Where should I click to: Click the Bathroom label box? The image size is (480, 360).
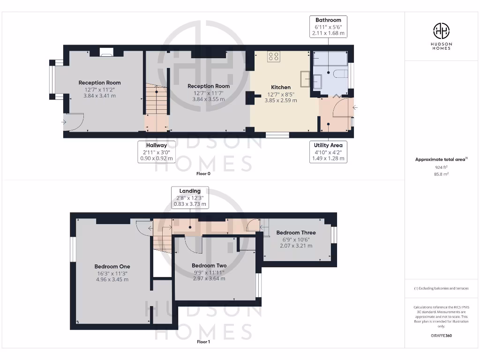[x=328, y=27]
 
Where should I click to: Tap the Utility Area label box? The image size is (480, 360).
[x=328, y=152]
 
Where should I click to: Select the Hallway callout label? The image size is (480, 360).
[x=157, y=152]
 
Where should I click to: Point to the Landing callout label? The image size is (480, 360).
[x=190, y=197]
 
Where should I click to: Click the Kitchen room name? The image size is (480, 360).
[x=281, y=87]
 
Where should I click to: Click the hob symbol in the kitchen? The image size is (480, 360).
[x=274, y=57]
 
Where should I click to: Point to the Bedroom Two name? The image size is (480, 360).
[x=209, y=266]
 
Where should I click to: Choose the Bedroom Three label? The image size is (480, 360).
[x=296, y=232]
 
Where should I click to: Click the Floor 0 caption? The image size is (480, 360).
[x=203, y=173]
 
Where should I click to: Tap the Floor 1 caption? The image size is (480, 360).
[x=203, y=342]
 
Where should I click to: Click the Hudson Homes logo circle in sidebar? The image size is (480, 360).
[x=441, y=31]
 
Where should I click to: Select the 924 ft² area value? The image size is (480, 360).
[x=441, y=166]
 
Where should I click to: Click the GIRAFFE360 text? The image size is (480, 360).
[x=441, y=336]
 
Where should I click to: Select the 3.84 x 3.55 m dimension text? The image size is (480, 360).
[x=209, y=99]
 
